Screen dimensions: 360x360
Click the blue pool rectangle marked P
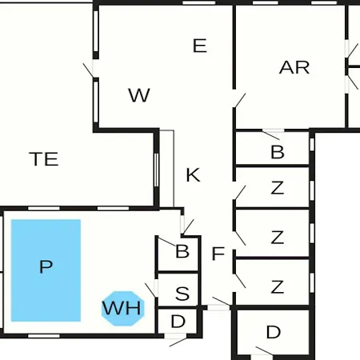click(x=46, y=270)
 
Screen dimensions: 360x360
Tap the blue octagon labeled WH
click(x=123, y=308)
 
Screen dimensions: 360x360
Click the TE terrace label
click(x=44, y=159)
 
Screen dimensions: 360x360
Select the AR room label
click(x=294, y=67)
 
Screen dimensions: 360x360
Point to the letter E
click(x=200, y=46)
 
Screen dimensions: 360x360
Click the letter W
click(x=139, y=95)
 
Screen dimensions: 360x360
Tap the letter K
click(x=193, y=175)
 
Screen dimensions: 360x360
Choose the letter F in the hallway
click(x=218, y=254)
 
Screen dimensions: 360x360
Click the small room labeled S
click(x=178, y=290)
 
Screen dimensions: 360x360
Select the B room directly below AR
click(x=272, y=148)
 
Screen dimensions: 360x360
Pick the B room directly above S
click(x=178, y=254)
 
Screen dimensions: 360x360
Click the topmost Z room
click(x=272, y=187)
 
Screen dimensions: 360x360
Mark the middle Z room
click(x=272, y=234)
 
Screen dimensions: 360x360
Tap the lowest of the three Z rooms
click(x=272, y=282)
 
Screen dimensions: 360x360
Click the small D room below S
click(x=178, y=321)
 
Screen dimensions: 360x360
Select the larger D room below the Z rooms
click(x=273, y=332)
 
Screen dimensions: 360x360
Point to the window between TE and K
click(x=157, y=170)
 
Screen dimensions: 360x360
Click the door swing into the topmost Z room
click(x=239, y=193)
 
